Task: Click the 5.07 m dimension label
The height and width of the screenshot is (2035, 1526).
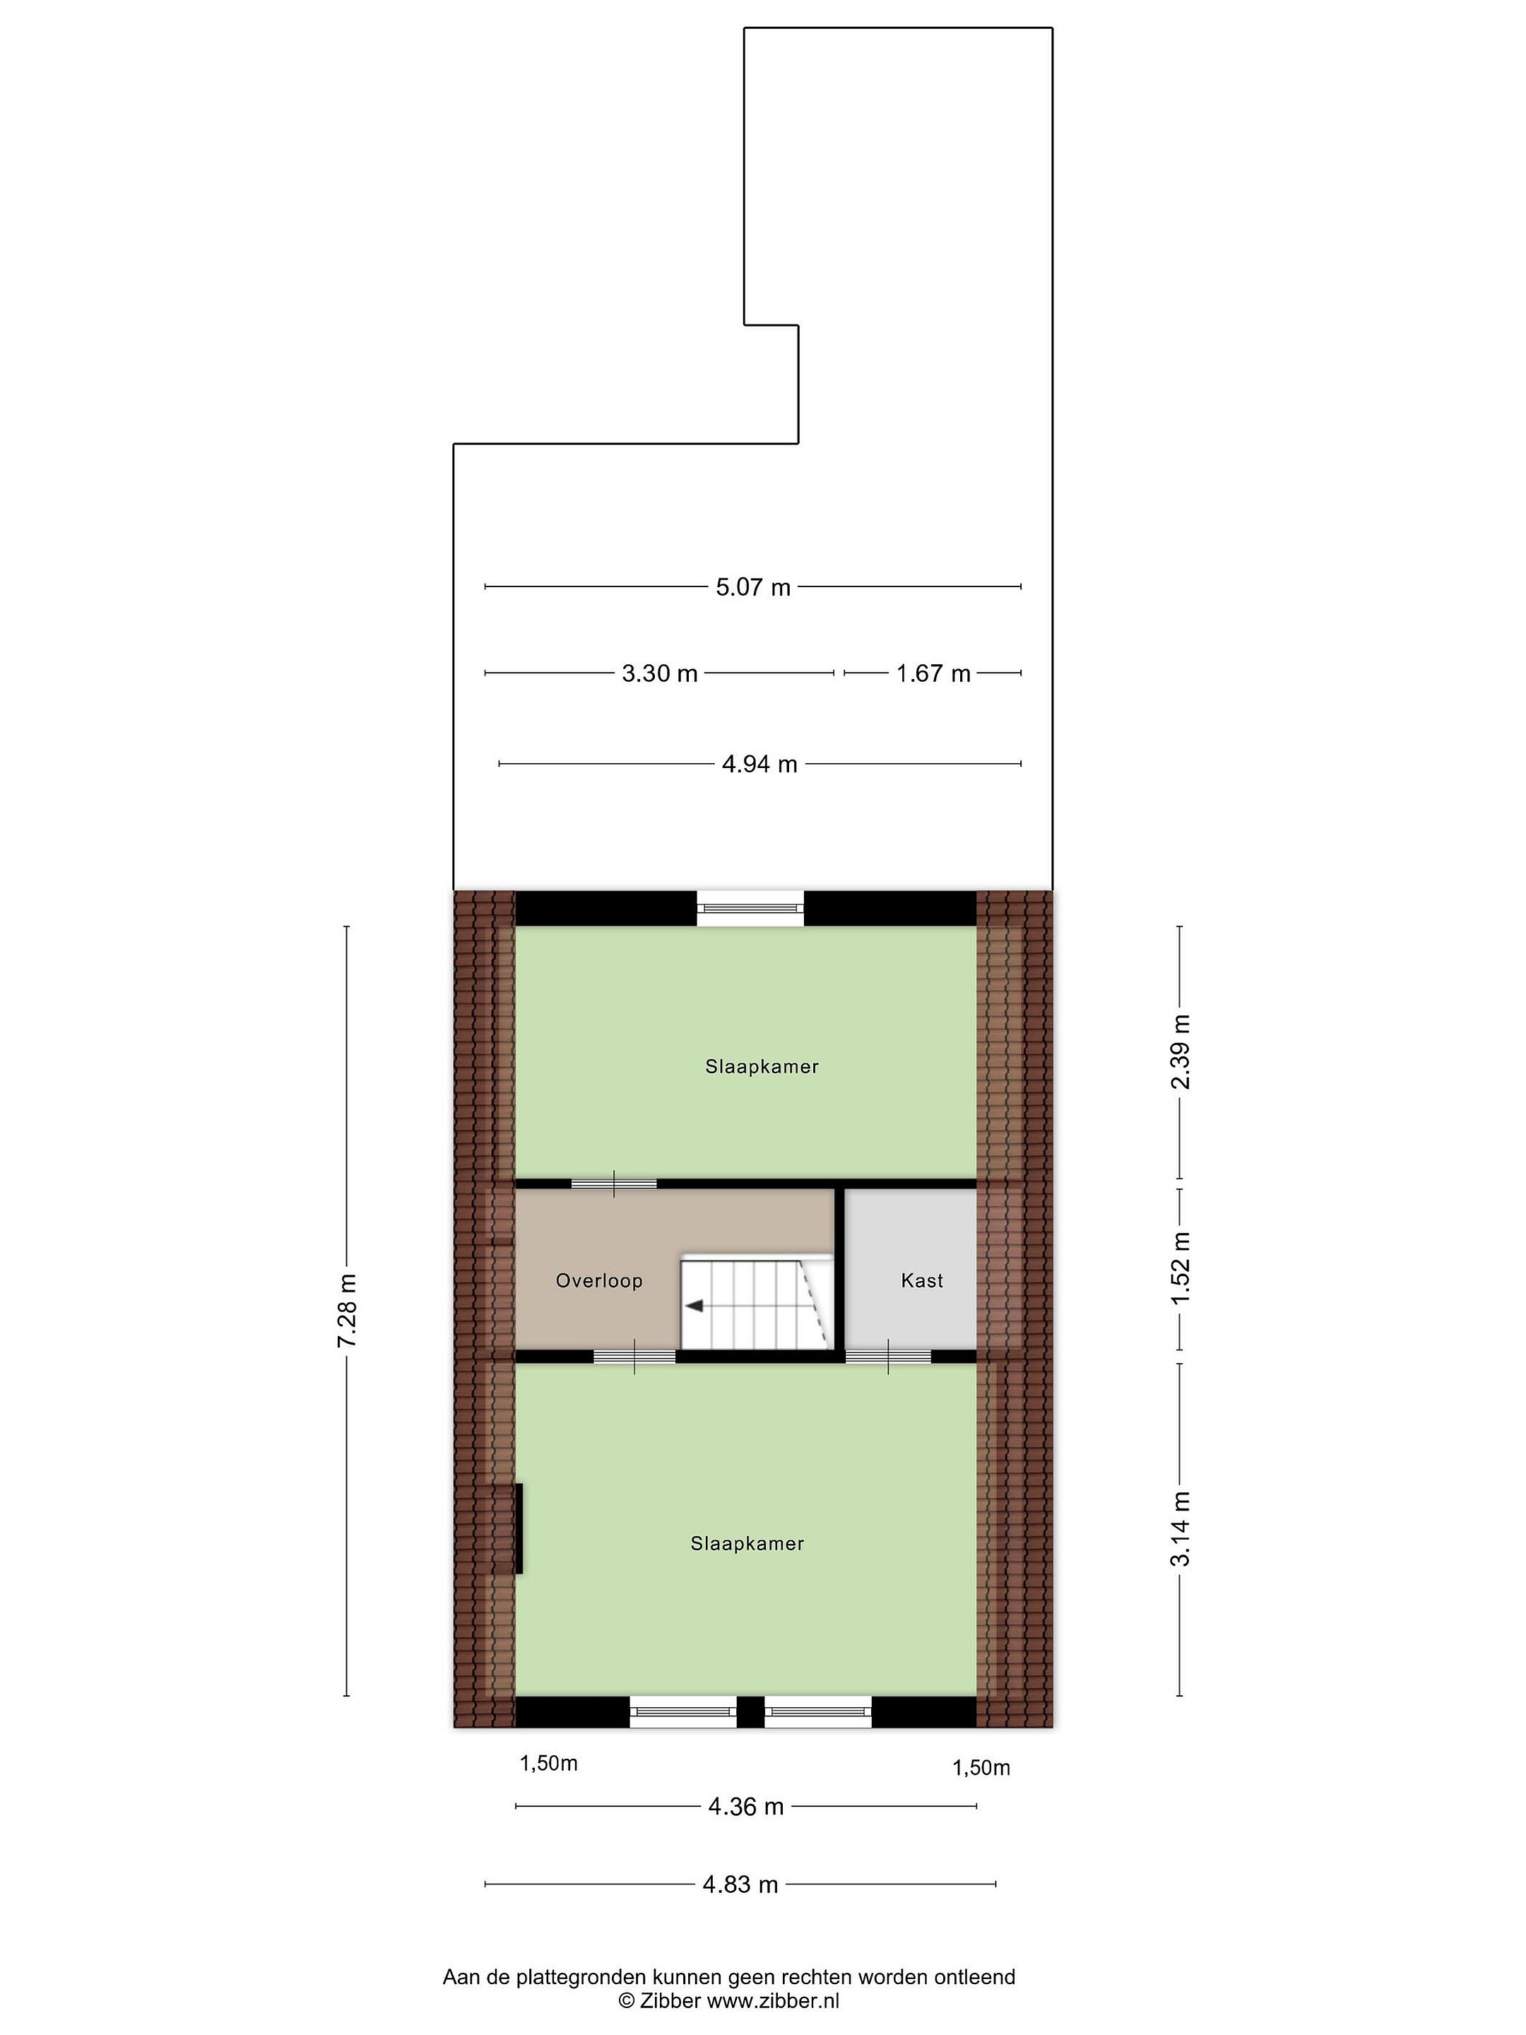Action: tap(752, 587)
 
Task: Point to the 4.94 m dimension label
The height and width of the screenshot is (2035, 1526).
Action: tap(759, 764)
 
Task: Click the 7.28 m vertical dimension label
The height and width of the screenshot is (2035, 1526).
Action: tap(347, 1311)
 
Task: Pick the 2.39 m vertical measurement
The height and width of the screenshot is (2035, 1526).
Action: tap(1180, 1051)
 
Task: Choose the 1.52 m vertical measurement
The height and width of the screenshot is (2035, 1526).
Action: tap(1180, 1266)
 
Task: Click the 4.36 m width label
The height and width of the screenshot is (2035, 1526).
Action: tap(745, 1807)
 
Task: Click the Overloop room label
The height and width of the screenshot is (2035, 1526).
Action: tap(599, 1280)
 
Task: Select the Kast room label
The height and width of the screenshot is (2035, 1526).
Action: tap(922, 1280)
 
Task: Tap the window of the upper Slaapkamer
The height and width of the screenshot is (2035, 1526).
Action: tap(750, 909)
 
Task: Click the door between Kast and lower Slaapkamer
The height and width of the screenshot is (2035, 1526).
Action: tap(887, 1356)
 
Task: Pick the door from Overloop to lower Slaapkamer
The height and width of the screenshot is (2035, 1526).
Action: tap(634, 1356)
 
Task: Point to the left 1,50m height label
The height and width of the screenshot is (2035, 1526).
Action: tap(548, 1763)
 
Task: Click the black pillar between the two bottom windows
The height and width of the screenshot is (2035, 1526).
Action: tap(750, 1711)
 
